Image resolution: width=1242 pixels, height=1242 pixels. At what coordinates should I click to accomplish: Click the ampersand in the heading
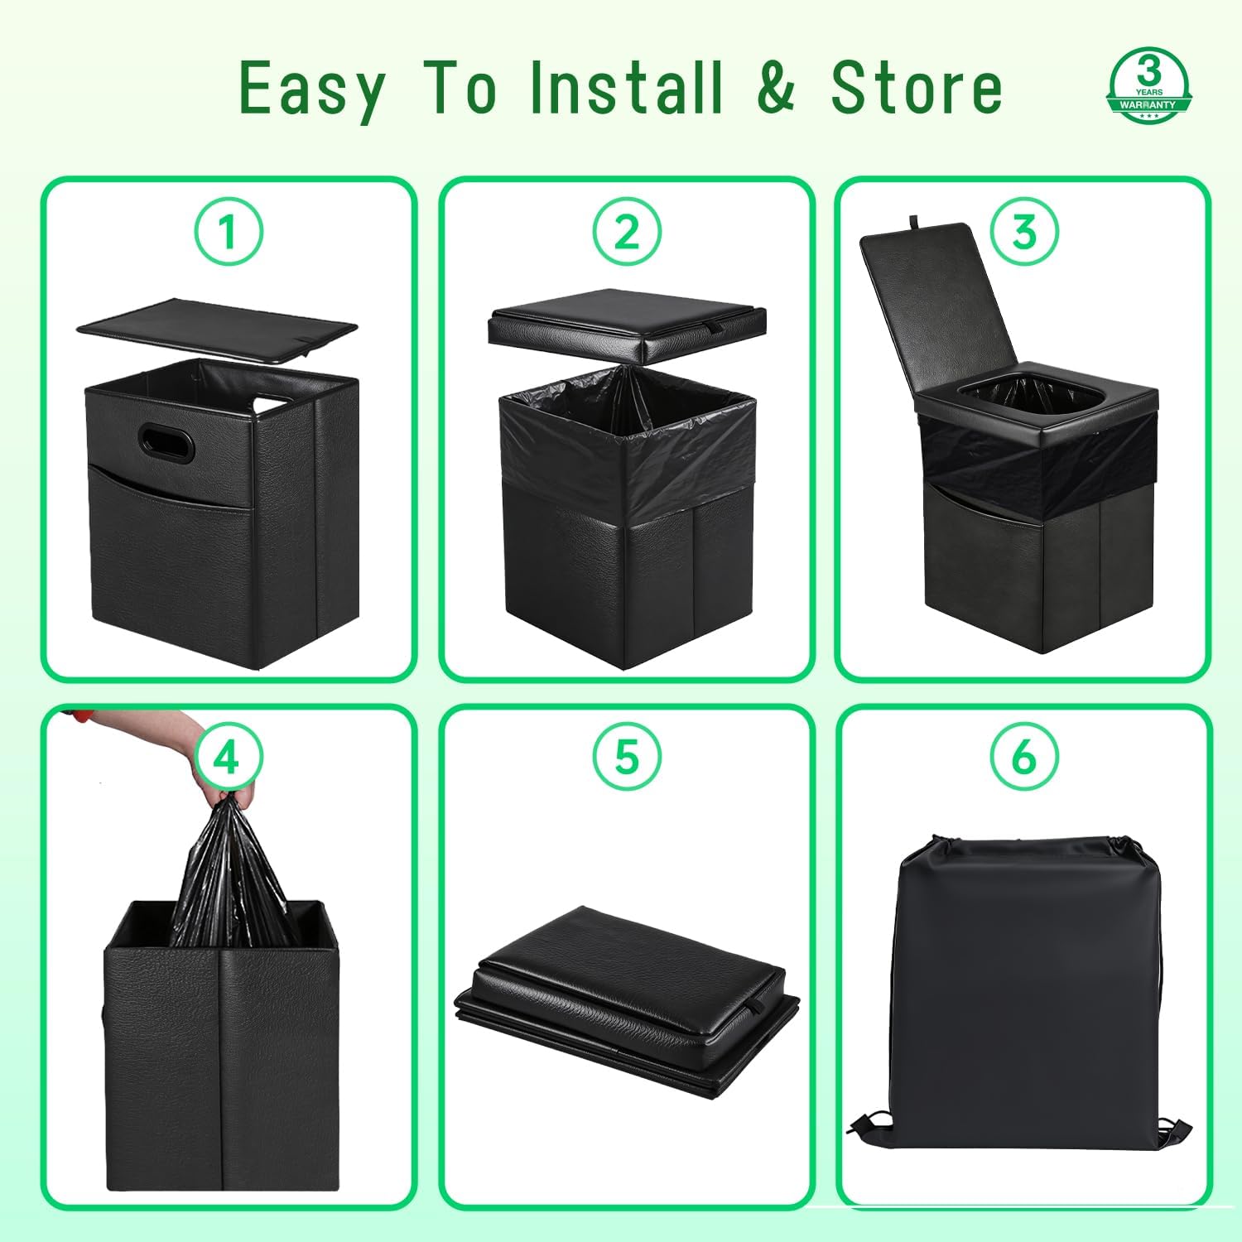pos(776,88)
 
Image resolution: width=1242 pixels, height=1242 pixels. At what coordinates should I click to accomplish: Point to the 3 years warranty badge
pos(1149,86)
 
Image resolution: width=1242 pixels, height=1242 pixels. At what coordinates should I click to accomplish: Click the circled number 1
pos(229,232)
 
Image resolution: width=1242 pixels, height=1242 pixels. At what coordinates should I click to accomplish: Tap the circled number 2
pos(627,232)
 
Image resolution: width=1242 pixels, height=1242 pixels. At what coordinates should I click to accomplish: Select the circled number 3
pos(1024,232)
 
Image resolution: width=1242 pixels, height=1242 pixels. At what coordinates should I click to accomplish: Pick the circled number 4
pos(229,758)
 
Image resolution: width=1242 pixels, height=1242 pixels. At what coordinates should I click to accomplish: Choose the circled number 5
pos(627,758)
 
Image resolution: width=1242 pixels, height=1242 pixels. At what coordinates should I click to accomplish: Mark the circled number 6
pos(1024,758)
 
